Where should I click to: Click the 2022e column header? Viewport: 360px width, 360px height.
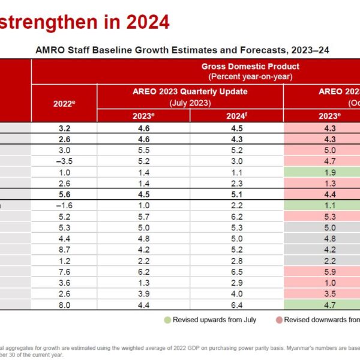tap(64, 103)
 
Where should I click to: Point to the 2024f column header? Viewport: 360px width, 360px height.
tap(236, 116)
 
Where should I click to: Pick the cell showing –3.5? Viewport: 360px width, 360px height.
tap(64, 160)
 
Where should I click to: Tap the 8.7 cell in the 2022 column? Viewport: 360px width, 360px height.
tap(64, 249)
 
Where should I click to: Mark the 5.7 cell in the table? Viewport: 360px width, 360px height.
tap(143, 216)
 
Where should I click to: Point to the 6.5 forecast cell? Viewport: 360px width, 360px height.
tap(236, 271)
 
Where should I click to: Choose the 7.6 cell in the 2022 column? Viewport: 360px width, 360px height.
tap(64, 271)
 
